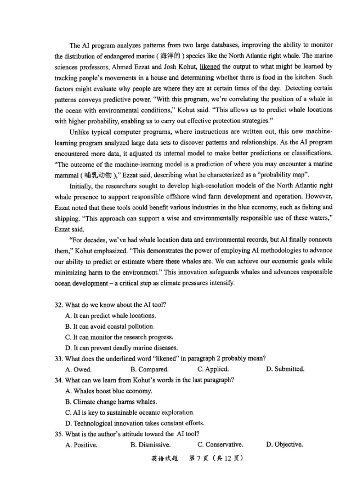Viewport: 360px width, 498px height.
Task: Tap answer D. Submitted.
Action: [x=285, y=369]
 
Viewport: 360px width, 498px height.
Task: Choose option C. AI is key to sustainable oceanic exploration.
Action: [x=130, y=412]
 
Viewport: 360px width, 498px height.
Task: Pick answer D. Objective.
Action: [x=284, y=444]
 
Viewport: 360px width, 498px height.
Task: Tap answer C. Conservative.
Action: [x=220, y=444]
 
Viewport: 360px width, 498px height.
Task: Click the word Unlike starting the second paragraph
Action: [x=79, y=132]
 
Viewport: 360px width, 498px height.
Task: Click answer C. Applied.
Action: [x=213, y=369]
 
